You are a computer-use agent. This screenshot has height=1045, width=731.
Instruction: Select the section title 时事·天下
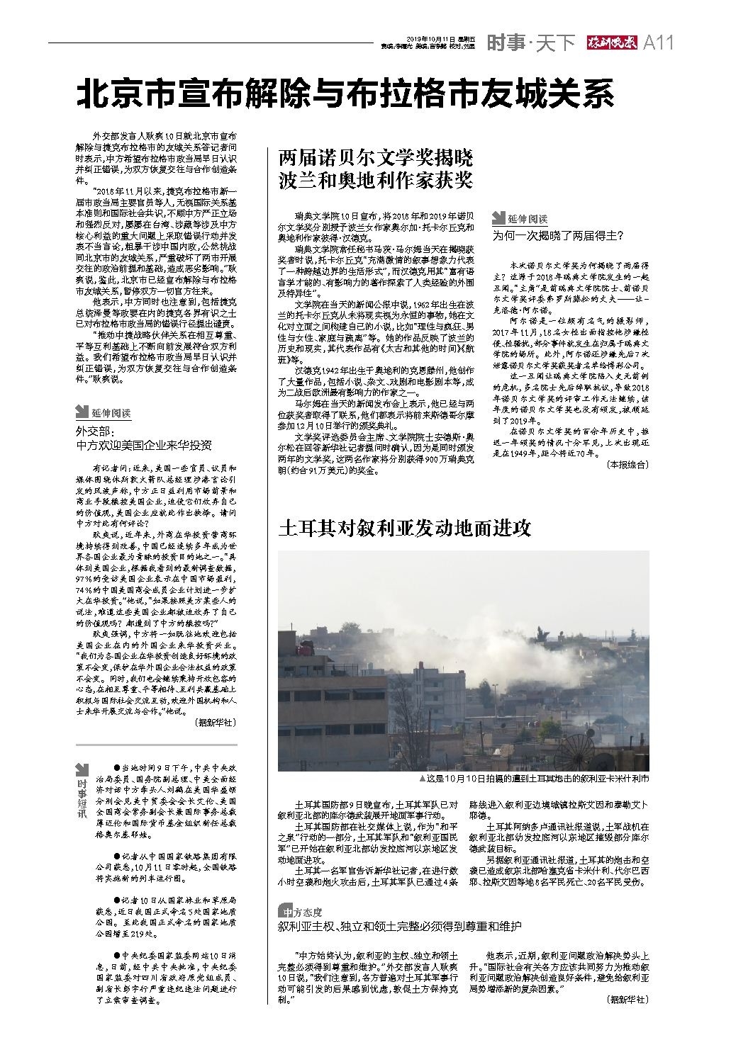[530, 43]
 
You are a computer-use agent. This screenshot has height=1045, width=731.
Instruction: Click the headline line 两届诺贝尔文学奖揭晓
[375, 157]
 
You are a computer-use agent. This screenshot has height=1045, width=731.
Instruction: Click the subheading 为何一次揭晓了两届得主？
[558, 235]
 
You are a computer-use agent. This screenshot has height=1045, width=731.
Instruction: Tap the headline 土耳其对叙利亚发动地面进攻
[405, 528]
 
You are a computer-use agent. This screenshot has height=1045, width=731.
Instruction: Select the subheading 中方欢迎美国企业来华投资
[143, 446]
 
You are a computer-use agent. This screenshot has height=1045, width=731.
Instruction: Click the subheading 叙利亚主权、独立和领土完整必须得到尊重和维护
[399, 926]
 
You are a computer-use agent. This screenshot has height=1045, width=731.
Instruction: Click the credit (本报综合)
[627, 465]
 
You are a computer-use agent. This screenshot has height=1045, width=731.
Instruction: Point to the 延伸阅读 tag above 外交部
[104, 412]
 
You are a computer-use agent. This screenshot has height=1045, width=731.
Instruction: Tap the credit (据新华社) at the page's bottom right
[627, 1000]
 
